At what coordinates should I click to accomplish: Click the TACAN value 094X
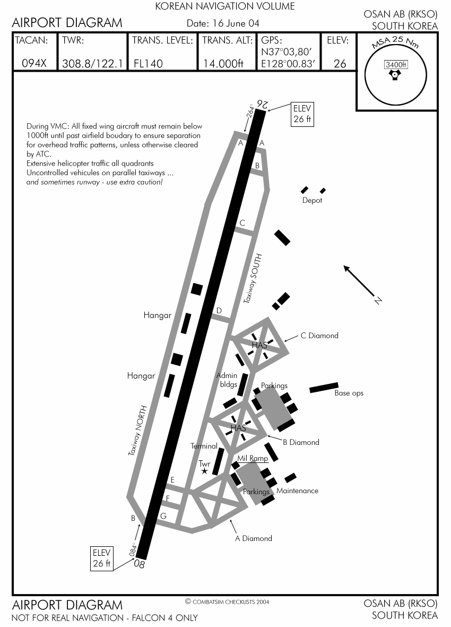[34, 63]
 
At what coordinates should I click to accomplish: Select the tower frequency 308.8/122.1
[92, 63]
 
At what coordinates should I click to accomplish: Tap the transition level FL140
[148, 63]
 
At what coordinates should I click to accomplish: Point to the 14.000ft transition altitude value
[223, 63]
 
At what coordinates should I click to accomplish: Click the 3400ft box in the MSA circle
[396, 64]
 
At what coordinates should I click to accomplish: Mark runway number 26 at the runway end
[263, 105]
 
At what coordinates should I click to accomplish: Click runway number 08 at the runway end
[139, 564]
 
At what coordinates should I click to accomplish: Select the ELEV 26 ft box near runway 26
[302, 114]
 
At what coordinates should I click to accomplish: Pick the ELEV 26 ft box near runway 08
[101, 558]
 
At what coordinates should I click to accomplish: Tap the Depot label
[312, 200]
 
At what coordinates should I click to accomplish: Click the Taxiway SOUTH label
[253, 278]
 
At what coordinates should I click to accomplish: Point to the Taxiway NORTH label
[137, 431]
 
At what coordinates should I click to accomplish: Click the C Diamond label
[319, 336]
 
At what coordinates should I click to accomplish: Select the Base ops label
[349, 393]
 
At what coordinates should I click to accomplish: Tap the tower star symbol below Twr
[204, 471]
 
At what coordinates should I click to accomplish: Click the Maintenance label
[297, 491]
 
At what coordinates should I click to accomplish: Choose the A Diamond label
[253, 538]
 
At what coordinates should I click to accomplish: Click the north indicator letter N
[378, 300]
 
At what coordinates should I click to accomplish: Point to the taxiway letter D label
[219, 310]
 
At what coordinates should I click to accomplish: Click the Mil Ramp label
[253, 458]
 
